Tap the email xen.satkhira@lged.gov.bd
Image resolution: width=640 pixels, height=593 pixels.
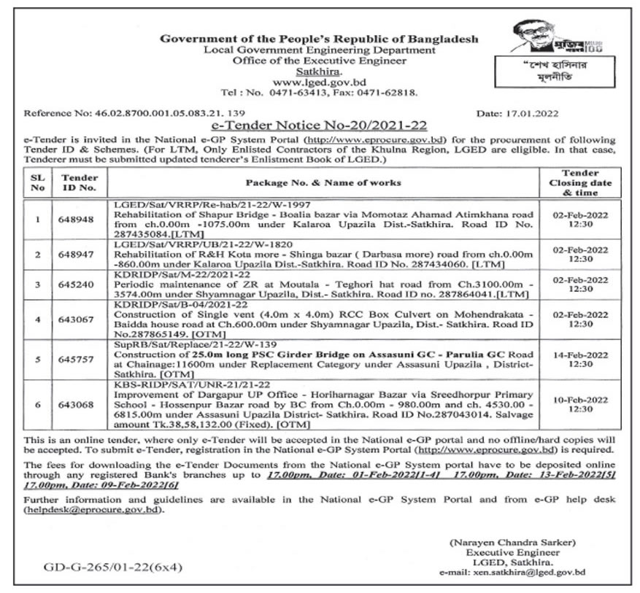click(x=512, y=573)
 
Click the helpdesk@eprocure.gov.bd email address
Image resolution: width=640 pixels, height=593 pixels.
click(x=92, y=509)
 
